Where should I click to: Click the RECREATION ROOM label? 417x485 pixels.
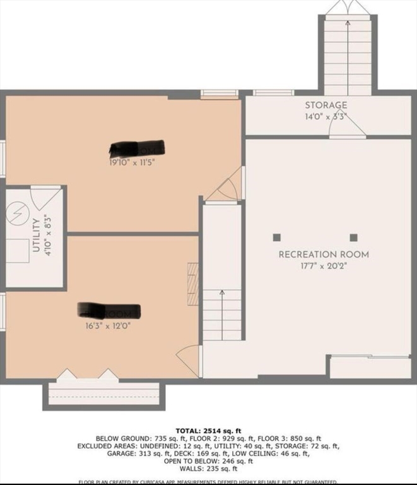(324, 254)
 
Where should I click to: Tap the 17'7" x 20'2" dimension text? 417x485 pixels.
(324, 265)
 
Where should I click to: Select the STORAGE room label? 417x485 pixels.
(326, 105)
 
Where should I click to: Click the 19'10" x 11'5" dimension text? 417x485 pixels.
(131, 162)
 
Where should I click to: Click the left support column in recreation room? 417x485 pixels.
(276, 237)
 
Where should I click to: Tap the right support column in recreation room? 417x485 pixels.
(353, 237)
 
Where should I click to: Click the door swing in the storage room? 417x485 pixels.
(348, 126)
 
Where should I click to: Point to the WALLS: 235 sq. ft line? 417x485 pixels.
(208, 469)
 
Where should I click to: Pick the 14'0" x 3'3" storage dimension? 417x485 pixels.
(326, 116)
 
